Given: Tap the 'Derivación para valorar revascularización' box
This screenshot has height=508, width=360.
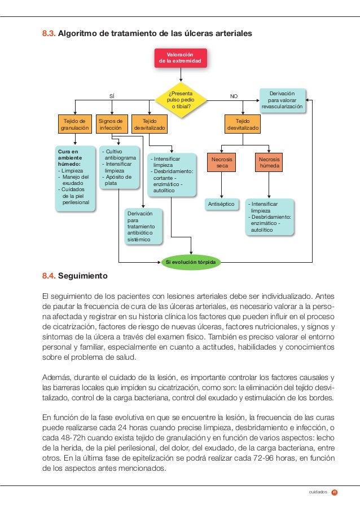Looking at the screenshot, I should click(282, 99).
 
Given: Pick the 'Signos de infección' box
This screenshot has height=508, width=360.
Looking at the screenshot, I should click(110, 124).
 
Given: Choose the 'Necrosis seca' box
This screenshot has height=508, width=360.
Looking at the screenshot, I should click(222, 163).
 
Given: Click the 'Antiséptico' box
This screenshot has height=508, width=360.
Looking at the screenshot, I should click(221, 204).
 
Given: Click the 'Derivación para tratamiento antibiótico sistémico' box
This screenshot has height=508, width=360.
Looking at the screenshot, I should click(143, 227).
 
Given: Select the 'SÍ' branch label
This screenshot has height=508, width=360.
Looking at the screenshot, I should click(112, 96).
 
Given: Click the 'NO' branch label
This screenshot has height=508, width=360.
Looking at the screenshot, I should click(234, 96).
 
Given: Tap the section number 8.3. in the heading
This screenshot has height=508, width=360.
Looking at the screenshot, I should click(49, 33).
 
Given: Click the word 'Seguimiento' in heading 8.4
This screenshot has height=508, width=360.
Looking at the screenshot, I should click(83, 277).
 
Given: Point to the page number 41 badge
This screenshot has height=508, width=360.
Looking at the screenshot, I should click(335, 492).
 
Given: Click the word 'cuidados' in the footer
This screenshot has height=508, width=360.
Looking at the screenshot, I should click(318, 492).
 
